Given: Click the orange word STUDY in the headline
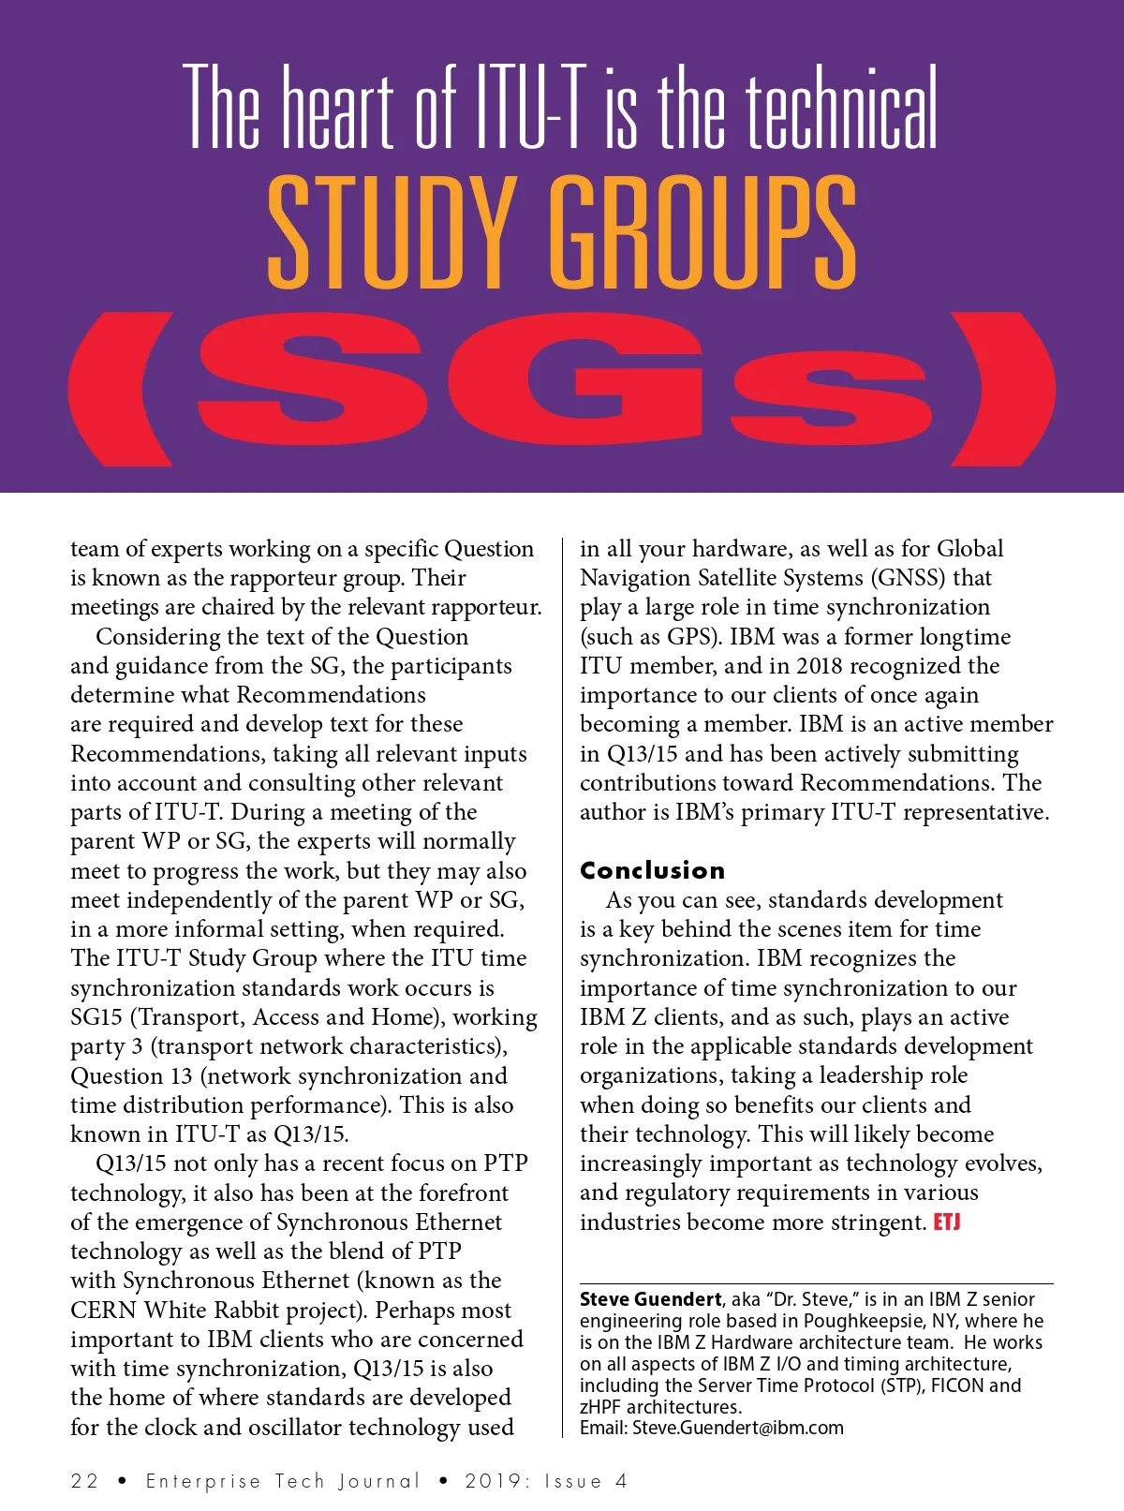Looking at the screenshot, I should [392, 231].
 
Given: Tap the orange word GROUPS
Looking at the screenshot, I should [702, 231].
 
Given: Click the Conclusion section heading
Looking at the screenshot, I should [652, 870].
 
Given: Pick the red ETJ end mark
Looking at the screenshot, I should [947, 1222].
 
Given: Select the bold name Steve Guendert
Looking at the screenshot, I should [650, 1299].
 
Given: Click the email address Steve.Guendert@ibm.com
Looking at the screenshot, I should [737, 1428].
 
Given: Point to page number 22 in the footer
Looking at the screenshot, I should [84, 1481].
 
